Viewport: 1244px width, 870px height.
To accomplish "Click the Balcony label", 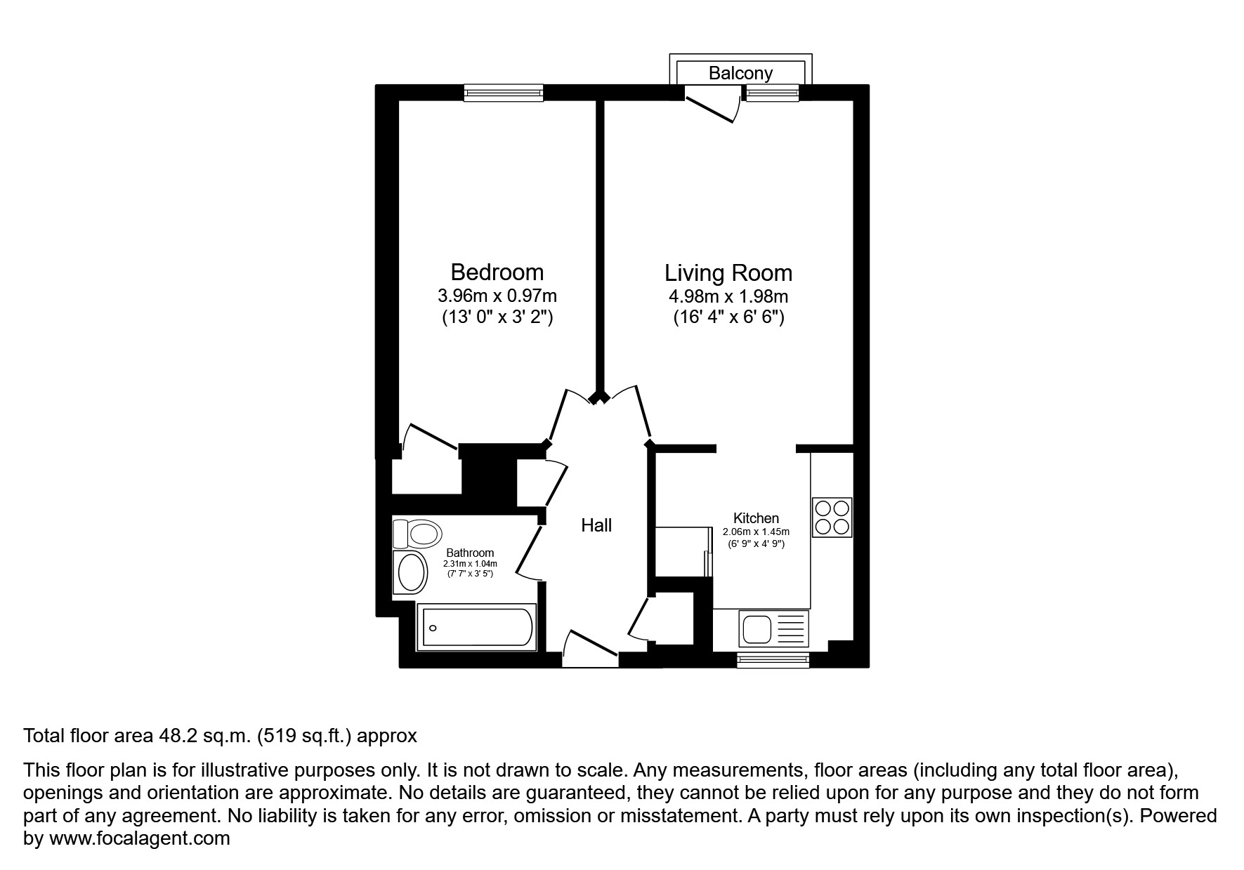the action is [x=740, y=73].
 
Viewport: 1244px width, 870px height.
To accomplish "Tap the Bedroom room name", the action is [x=497, y=272].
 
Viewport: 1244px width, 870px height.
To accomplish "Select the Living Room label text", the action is [x=728, y=272].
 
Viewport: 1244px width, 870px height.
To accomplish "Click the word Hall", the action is [x=596, y=525].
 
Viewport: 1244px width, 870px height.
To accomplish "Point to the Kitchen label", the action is [x=757, y=518].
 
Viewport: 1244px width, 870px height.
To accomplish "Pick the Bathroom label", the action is [x=470, y=553].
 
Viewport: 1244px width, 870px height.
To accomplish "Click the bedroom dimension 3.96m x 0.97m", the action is [x=497, y=296].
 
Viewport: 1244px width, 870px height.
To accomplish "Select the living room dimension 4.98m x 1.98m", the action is [x=728, y=296].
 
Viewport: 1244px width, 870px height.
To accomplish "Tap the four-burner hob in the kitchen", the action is [x=832, y=518].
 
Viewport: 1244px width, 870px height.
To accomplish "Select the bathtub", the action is [x=477, y=627].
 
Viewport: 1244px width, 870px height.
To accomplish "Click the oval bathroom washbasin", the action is [x=411, y=572].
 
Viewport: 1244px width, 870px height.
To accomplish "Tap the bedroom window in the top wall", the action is [x=504, y=93].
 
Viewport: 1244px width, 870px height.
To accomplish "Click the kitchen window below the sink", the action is [x=773, y=659].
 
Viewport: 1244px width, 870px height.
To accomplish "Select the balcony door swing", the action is [x=712, y=104].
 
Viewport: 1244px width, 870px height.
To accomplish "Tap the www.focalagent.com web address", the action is [x=139, y=838].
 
